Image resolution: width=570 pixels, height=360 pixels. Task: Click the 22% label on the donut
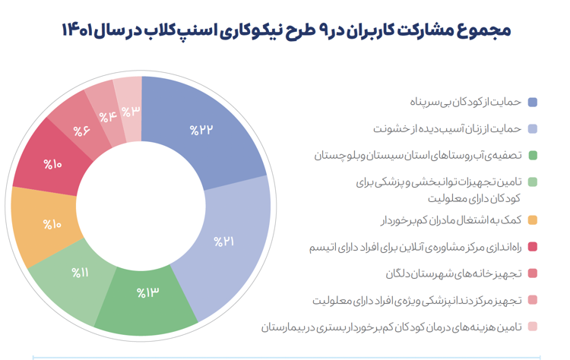coord(202,130)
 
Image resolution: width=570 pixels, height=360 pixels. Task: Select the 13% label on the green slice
coord(147,292)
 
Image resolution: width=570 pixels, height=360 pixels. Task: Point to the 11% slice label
coord(81,272)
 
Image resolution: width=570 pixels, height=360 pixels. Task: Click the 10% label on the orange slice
coord(52,224)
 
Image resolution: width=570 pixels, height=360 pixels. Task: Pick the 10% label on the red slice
coord(52,163)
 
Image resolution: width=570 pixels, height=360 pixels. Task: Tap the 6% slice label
coord(81,130)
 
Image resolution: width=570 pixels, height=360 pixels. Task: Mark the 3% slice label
coord(131,111)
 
